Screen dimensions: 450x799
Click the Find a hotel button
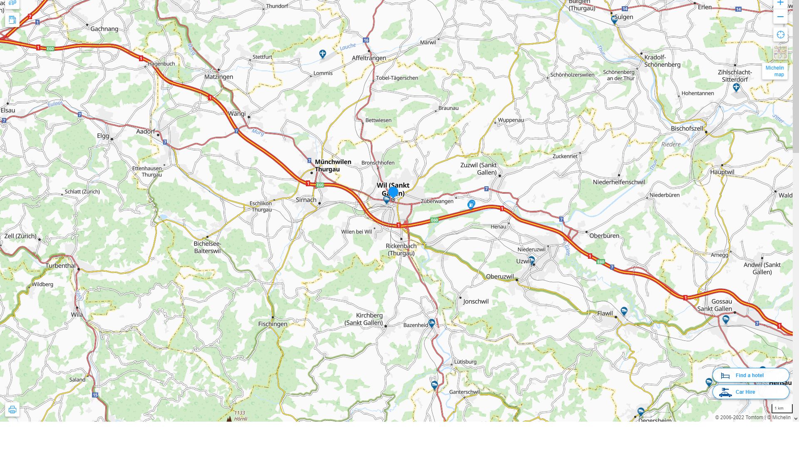[750, 375]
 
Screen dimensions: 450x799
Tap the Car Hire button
[750, 392]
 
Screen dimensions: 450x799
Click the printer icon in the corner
[12, 410]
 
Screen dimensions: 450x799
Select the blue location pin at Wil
[393, 192]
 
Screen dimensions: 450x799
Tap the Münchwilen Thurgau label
[333, 165]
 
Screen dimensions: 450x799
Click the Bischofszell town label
[687, 129]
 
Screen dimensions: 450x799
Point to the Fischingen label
[273, 324]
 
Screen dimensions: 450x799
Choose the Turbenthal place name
[61, 266]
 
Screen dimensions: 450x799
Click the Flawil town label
[605, 314]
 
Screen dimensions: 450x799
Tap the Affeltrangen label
[369, 58]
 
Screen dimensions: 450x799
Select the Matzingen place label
[218, 77]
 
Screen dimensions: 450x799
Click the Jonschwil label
[476, 302]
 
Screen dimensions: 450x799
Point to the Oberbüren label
[604, 236]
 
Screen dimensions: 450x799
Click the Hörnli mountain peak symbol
[229, 418]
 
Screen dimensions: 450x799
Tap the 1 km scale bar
[782, 409]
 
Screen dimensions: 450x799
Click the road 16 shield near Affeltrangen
[366, 40]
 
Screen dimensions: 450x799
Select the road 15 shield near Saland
[95, 395]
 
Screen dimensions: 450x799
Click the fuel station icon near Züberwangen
[471, 204]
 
